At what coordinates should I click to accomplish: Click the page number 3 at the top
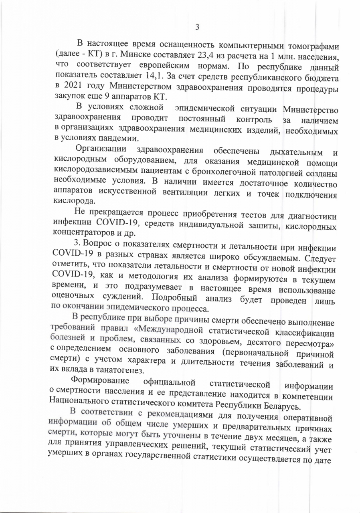197,27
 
